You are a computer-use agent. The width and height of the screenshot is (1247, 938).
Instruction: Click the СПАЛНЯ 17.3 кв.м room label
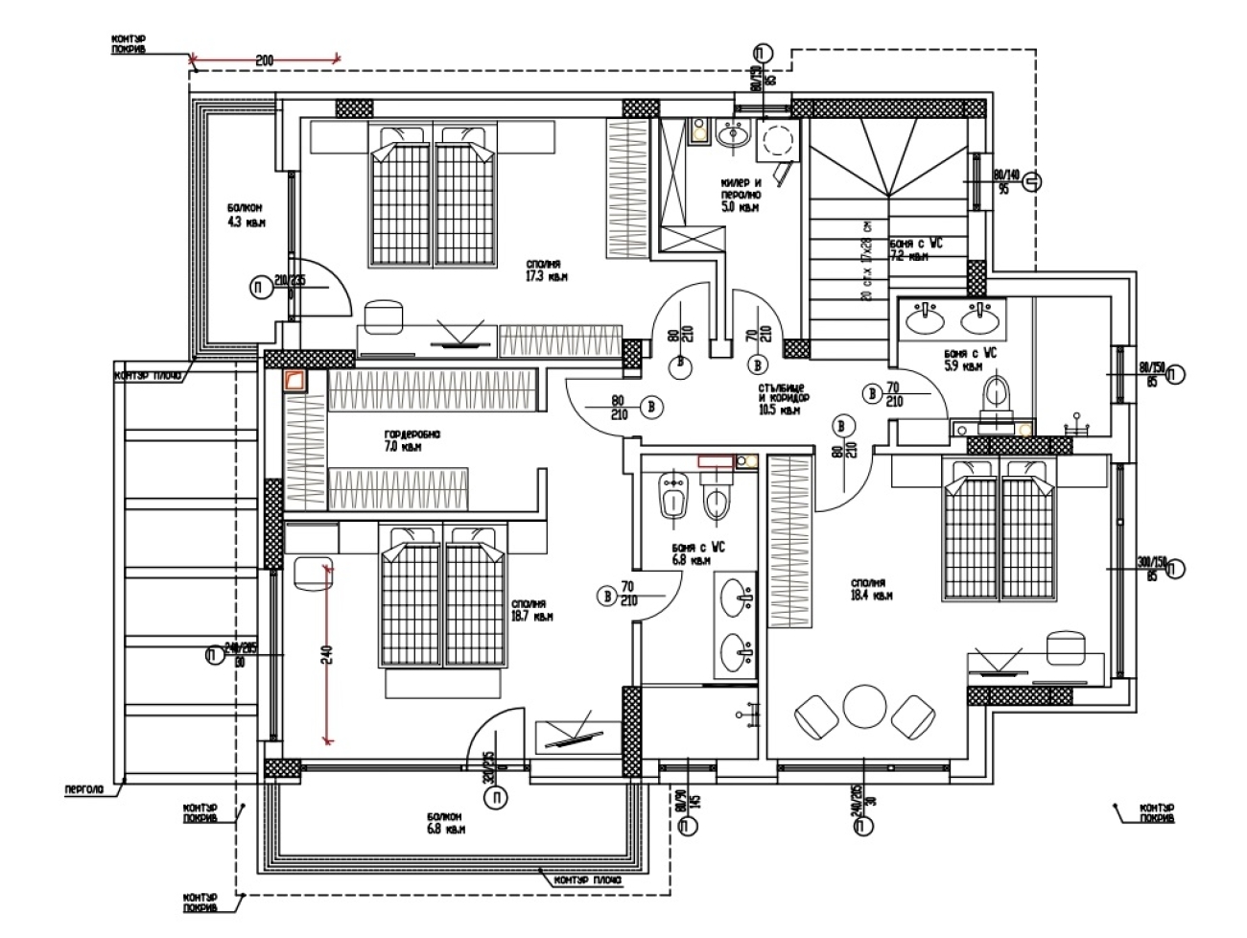click(x=547, y=270)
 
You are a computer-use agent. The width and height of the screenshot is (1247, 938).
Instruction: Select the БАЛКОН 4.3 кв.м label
click(x=246, y=215)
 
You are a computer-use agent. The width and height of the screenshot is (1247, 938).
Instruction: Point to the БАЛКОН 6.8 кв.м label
click(x=448, y=823)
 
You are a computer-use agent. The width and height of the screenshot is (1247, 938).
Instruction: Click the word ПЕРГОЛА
click(x=83, y=791)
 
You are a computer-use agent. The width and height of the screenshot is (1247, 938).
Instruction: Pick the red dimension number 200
click(x=265, y=60)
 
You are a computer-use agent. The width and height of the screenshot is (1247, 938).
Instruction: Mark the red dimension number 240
click(x=326, y=654)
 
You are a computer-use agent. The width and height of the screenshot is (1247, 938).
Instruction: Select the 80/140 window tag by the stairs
click(x=1004, y=181)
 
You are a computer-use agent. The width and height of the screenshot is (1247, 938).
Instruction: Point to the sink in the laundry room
click(x=733, y=136)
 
